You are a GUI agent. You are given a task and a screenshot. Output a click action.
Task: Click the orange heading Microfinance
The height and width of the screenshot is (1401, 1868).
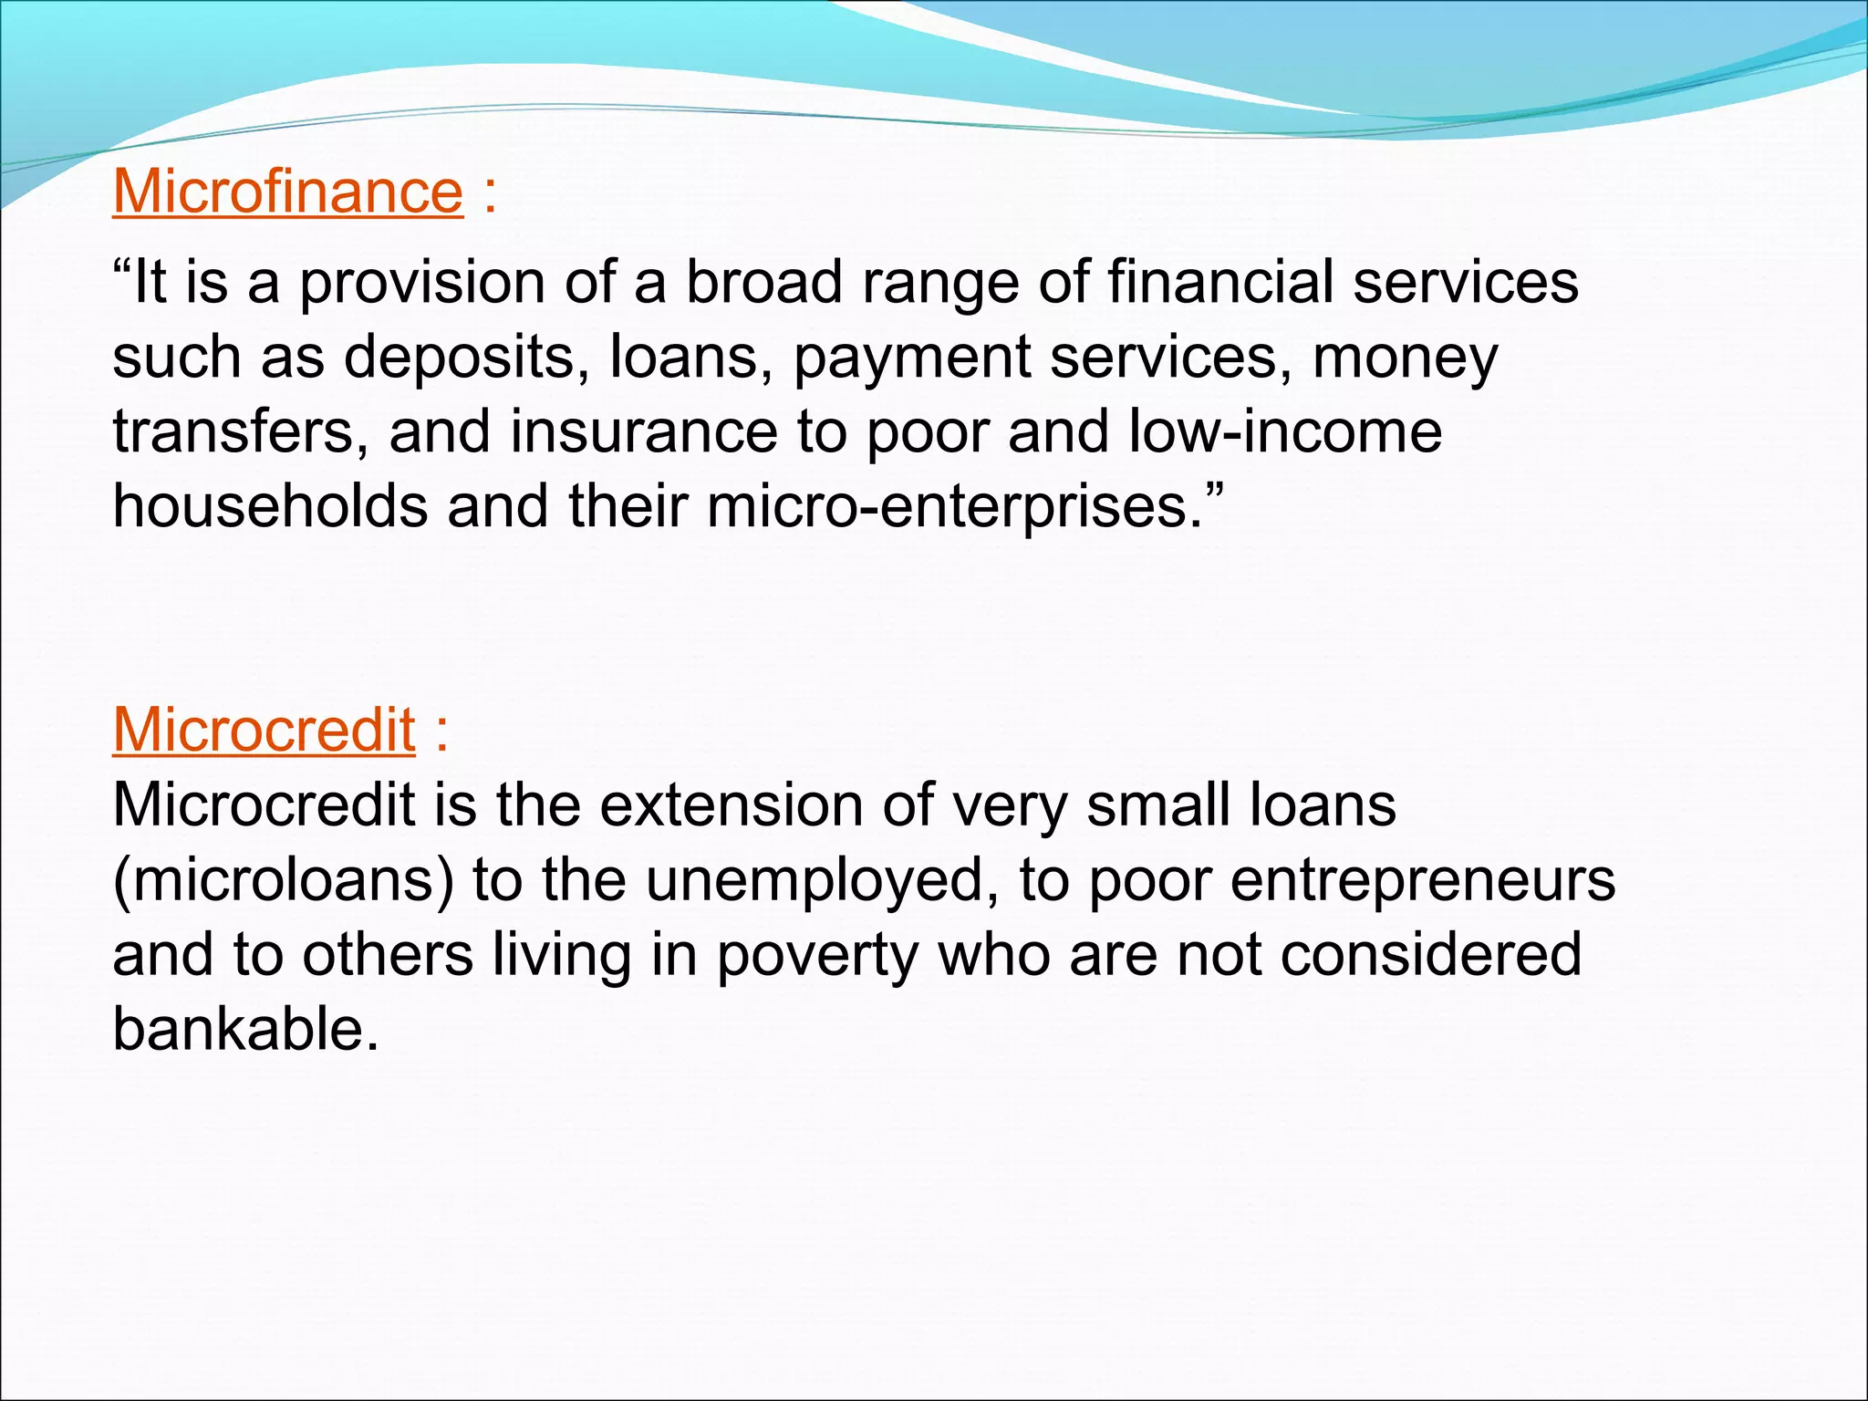tap(287, 192)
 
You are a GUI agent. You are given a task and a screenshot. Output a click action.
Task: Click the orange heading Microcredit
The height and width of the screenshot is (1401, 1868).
tap(264, 731)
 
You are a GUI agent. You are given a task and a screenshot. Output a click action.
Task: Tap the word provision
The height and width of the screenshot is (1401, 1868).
tap(421, 283)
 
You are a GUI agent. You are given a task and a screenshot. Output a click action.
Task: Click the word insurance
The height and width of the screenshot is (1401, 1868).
tap(643, 431)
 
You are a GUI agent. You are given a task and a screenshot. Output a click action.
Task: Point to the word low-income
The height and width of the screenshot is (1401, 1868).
tap(1285, 431)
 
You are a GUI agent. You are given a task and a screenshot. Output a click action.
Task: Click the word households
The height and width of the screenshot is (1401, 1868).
tap(270, 506)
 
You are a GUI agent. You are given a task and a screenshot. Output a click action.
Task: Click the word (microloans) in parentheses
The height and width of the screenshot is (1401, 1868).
tap(283, 881)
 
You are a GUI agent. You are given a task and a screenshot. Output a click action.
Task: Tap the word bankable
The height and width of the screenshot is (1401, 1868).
tap(244, 1030)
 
